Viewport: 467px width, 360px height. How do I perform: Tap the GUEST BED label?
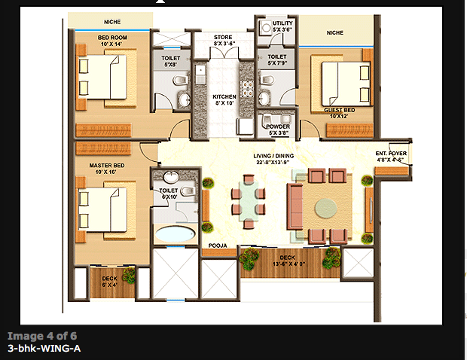point(339,110)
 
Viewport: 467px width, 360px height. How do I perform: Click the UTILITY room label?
point(282,23)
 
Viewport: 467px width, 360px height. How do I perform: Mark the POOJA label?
point(217,246)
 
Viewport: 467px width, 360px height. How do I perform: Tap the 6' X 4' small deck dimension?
point(111,285)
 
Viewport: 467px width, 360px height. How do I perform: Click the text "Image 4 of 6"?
point(42,336)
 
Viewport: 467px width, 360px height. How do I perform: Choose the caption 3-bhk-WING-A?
point(44,349)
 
